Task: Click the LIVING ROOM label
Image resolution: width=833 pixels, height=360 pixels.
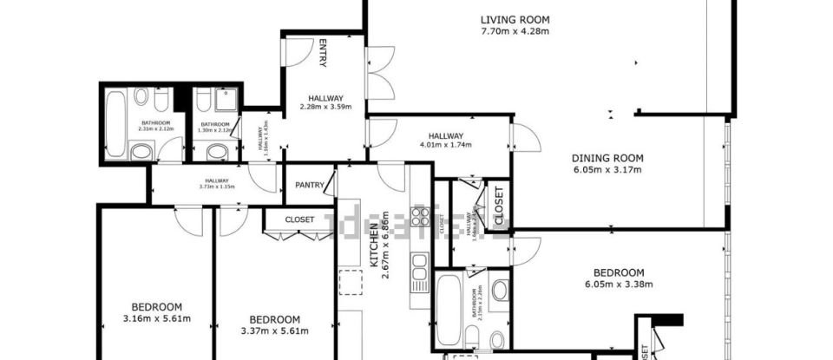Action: tap(515, 19)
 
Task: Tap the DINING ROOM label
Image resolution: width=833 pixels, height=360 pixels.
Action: tap(607, 157)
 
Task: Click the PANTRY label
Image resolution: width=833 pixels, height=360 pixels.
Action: tap(310, 184)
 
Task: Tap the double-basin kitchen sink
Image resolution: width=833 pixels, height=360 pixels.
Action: tap(422, 260)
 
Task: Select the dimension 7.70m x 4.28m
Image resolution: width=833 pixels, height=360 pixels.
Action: tap(515, 31)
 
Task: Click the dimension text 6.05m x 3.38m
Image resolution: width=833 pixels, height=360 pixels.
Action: tap(619, 284)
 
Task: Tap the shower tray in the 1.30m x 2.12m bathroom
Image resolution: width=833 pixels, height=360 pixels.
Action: tap(226, 101)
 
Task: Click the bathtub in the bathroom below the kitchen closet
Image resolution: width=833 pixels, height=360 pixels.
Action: tap(449, 308)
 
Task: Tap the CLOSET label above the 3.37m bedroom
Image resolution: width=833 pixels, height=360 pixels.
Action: tap(299, 220)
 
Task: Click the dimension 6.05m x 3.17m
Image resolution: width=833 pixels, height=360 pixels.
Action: tap(607, 169)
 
